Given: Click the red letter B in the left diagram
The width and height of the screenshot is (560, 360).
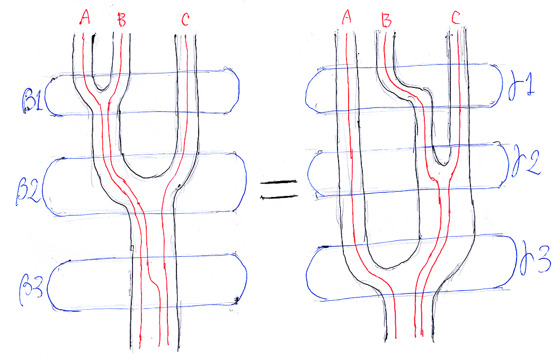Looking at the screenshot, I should [x=122, y=21].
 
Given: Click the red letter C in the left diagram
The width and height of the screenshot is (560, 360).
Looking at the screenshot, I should [x=185, y=20].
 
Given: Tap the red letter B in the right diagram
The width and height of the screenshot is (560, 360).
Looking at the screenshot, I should [x=387, y=21].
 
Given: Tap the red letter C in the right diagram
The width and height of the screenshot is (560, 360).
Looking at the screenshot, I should [x=456, y=19].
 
